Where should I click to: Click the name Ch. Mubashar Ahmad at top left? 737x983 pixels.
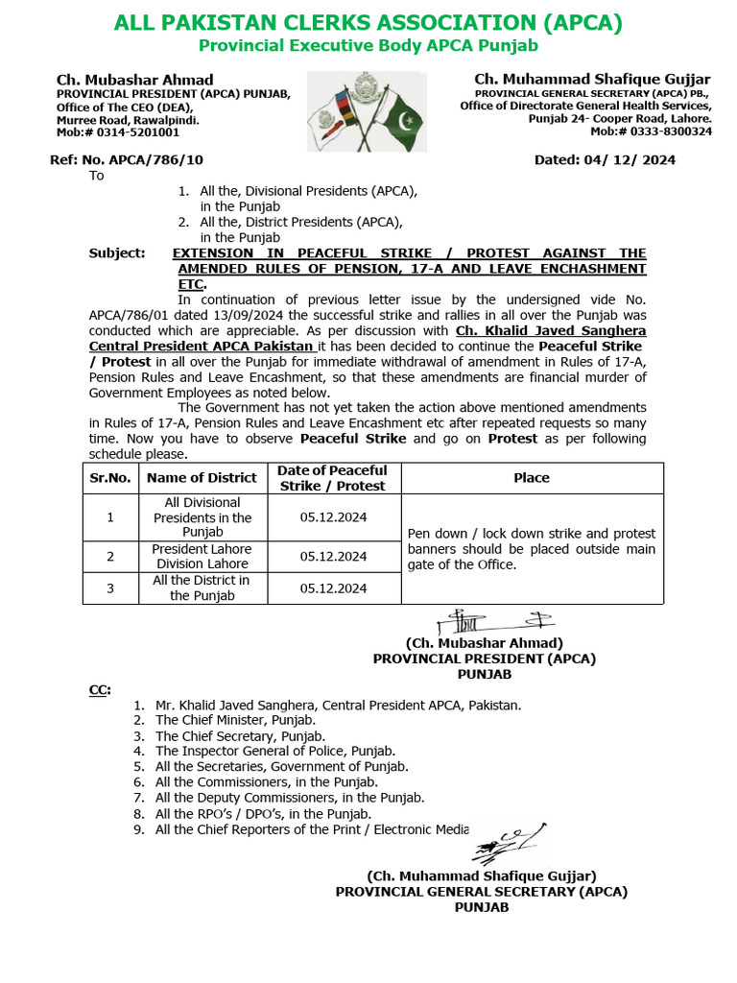point(134,80)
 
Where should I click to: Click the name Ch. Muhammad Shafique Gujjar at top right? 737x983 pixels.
point(592,79)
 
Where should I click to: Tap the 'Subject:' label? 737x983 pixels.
point(117,253)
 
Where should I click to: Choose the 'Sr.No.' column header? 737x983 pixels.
point(110,478)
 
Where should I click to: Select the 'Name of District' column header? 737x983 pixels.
point(202,478)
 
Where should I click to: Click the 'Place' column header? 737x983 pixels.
point(532,478)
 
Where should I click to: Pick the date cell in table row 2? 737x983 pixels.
point(333,557)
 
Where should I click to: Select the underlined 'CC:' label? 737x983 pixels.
point(100,689)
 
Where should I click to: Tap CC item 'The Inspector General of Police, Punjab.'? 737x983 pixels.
point(275,751)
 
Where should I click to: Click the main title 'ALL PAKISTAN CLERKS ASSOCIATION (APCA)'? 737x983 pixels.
point(368,23)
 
